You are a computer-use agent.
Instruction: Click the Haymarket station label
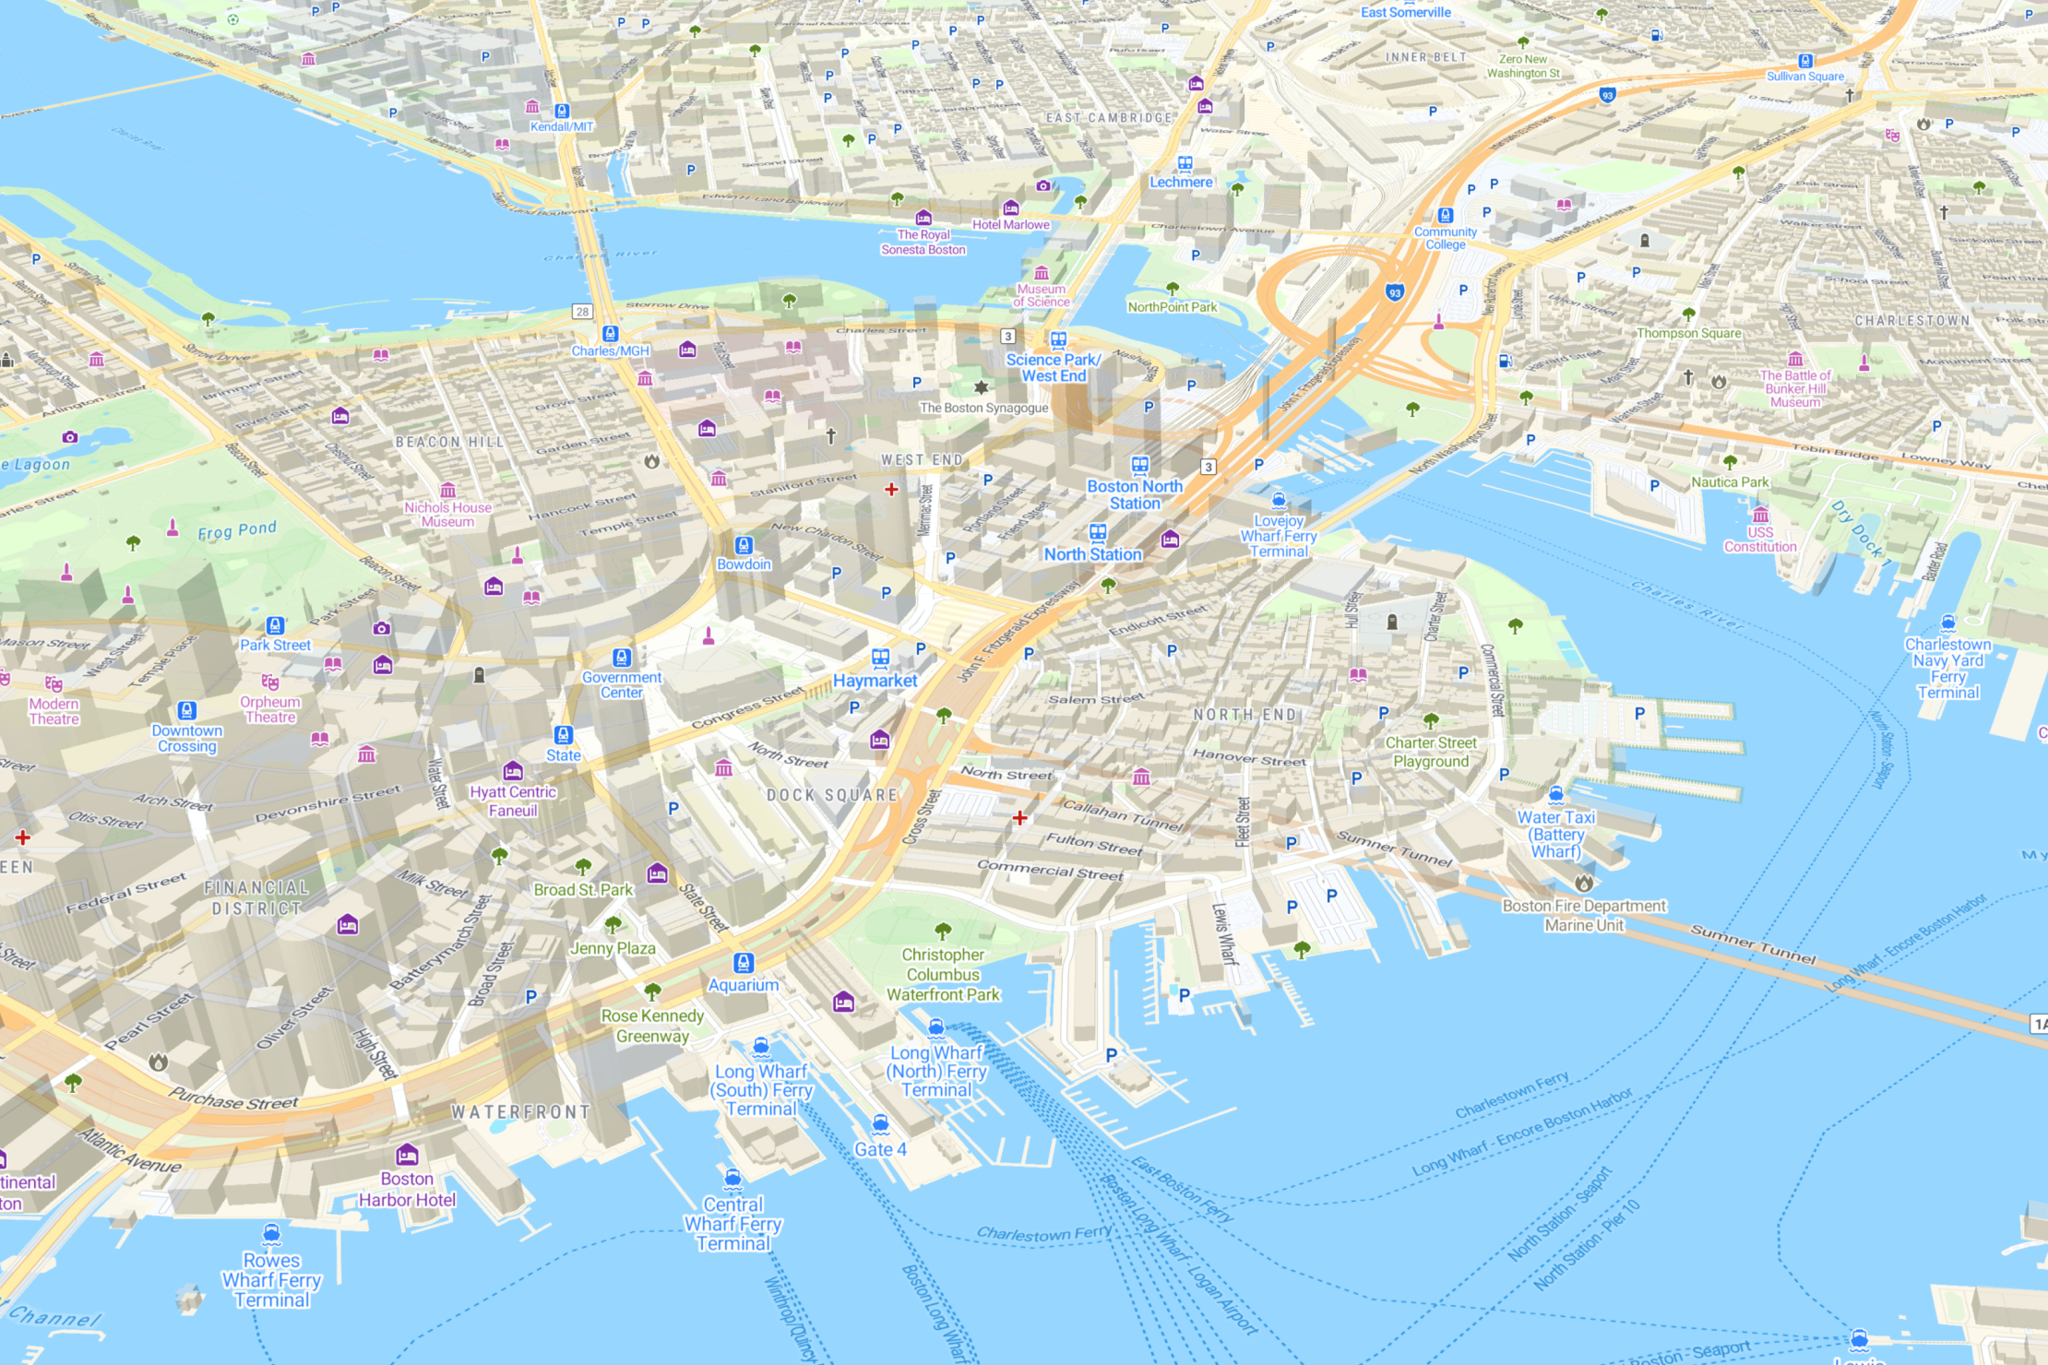pos(875,681)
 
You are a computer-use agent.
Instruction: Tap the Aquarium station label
pos(743,985)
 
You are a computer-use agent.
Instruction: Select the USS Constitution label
pos(1760,540)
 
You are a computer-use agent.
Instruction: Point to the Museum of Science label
pos(1042,295)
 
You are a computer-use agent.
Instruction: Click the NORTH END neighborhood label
pos(1246,715)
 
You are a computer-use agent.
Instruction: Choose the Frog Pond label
pos(237,530)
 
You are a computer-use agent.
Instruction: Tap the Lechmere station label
pos(1181,183)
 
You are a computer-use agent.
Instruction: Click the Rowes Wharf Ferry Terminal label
pos(271,1280)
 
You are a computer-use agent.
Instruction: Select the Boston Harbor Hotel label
pos(407,1190)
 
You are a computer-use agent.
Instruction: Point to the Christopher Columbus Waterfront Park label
pos(943,975)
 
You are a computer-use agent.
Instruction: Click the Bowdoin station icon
pos(744,545)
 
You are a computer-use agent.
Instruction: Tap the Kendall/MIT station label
pos(562,126)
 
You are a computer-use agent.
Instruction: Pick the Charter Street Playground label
pos(1431,752)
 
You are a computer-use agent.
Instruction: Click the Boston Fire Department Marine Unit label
pos(1584,915)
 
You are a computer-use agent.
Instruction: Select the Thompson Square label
pos(1688,333)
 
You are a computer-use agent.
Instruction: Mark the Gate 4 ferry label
pos(880,1149)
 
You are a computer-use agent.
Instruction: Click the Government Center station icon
pos(622,658)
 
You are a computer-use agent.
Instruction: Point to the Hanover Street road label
pos(1249,758)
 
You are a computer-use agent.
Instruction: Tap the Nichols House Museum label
pos(447,515)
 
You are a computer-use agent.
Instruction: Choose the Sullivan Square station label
pos(1805,77)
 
